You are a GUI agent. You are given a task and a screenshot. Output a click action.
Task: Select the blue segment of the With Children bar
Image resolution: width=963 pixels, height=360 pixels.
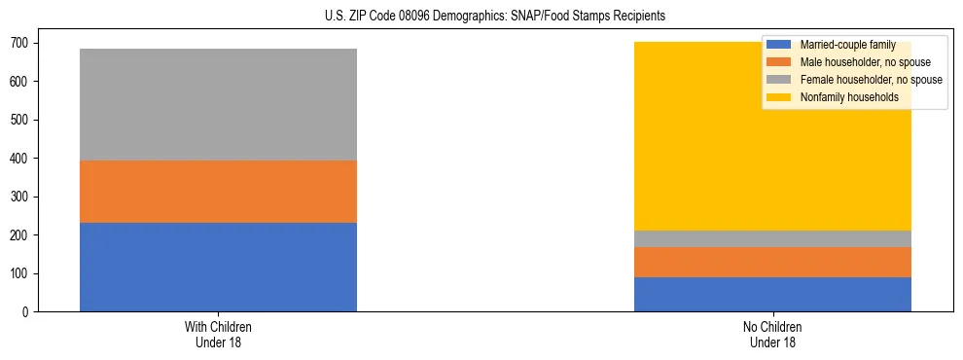(218, 267)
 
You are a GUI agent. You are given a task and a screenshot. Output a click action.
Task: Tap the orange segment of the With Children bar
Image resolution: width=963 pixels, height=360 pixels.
(218, 192)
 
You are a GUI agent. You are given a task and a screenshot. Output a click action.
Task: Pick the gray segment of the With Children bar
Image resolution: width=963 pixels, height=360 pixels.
(218, 104)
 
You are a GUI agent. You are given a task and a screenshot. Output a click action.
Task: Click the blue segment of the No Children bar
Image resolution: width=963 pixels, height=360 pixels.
(772, 294)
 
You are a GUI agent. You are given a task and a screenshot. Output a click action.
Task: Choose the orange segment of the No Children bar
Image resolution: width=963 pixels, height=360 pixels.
(772, 262)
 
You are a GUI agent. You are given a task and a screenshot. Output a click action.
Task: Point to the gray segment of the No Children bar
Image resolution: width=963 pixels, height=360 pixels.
(772, 238)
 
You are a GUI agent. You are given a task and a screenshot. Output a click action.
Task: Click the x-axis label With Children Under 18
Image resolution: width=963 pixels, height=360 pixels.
(218, 334)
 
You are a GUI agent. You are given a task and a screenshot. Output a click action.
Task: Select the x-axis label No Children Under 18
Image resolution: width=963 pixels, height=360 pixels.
(772, 334)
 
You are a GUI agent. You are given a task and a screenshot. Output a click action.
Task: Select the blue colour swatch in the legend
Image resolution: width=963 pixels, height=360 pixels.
(779, 46)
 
